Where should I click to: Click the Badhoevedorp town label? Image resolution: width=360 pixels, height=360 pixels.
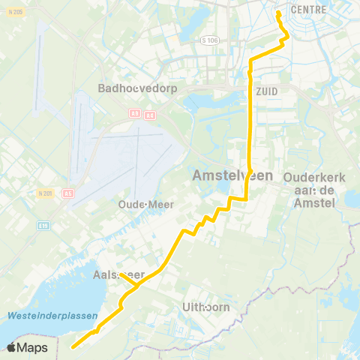[130, 88]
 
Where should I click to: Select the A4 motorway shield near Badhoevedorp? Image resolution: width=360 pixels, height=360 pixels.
[150, 115]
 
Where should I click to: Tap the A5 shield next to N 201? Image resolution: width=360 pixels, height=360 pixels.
[68, 192]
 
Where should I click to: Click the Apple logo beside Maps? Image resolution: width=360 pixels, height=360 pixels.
[12, 347]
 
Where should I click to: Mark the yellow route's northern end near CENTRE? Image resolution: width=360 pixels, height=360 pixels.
[278, 13]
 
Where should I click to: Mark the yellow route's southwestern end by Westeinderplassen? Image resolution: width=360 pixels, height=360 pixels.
[73, 347]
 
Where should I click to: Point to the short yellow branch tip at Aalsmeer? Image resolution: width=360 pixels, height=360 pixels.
[120, 274]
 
